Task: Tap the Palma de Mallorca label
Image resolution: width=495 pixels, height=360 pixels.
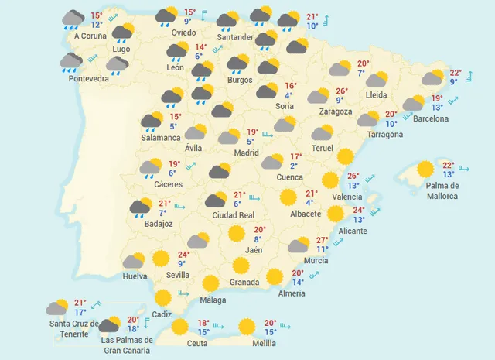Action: point(442,190)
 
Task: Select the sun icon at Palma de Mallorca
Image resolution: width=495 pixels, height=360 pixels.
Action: point(425,169)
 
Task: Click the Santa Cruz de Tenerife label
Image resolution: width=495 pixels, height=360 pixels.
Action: point(73,328)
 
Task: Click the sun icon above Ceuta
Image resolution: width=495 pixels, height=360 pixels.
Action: point(180,327)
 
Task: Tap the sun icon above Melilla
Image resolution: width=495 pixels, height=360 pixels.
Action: point(247,327)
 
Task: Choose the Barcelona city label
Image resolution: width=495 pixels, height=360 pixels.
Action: point(430,118)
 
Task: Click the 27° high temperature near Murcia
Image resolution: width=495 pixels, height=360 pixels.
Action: point(322,240)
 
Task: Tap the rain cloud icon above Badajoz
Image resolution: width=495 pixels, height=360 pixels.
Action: point(142,207)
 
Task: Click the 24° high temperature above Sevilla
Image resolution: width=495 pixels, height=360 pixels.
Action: point(183,254)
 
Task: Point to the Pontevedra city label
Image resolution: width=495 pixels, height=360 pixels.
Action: point(88,77)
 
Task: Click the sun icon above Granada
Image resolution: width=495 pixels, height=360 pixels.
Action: point(241,266)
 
